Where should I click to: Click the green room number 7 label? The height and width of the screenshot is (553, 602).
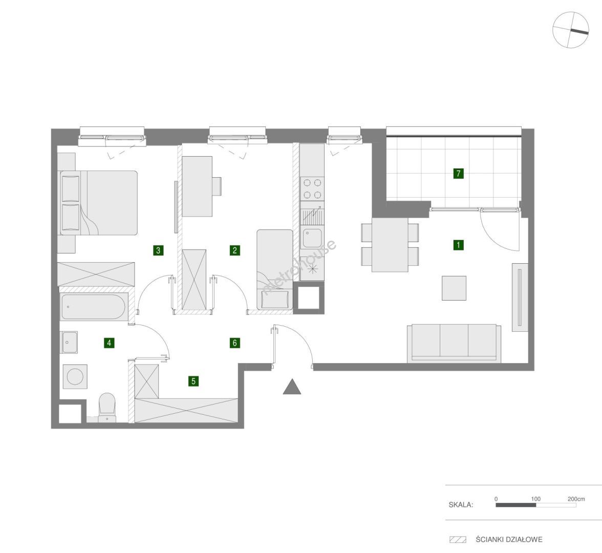point(458,173)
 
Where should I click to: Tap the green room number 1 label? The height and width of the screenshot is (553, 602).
point(458,245)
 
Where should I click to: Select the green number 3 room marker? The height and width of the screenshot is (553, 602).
point(158,250)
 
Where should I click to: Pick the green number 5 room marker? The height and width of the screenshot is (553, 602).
point(193,381)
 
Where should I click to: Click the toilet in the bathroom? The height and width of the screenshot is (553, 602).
point(106,407)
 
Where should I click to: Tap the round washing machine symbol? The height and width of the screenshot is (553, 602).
point(75,376)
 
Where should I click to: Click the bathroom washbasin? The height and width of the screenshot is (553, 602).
point(70,342)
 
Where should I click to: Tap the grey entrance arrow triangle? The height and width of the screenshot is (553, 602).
point(292,386)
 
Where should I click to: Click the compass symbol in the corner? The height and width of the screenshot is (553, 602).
point(570,30)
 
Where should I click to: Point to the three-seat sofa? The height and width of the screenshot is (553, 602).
point(454,343)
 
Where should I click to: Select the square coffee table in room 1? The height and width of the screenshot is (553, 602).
point(454,288)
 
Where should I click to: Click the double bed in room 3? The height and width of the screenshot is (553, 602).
point(99,202)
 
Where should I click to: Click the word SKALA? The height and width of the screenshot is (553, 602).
point(461,505)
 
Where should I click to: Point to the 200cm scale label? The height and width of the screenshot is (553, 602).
point(576,499)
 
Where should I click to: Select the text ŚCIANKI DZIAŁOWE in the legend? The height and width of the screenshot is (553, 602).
point(509,539)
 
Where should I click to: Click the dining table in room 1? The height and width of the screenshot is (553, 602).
point(390,245)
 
